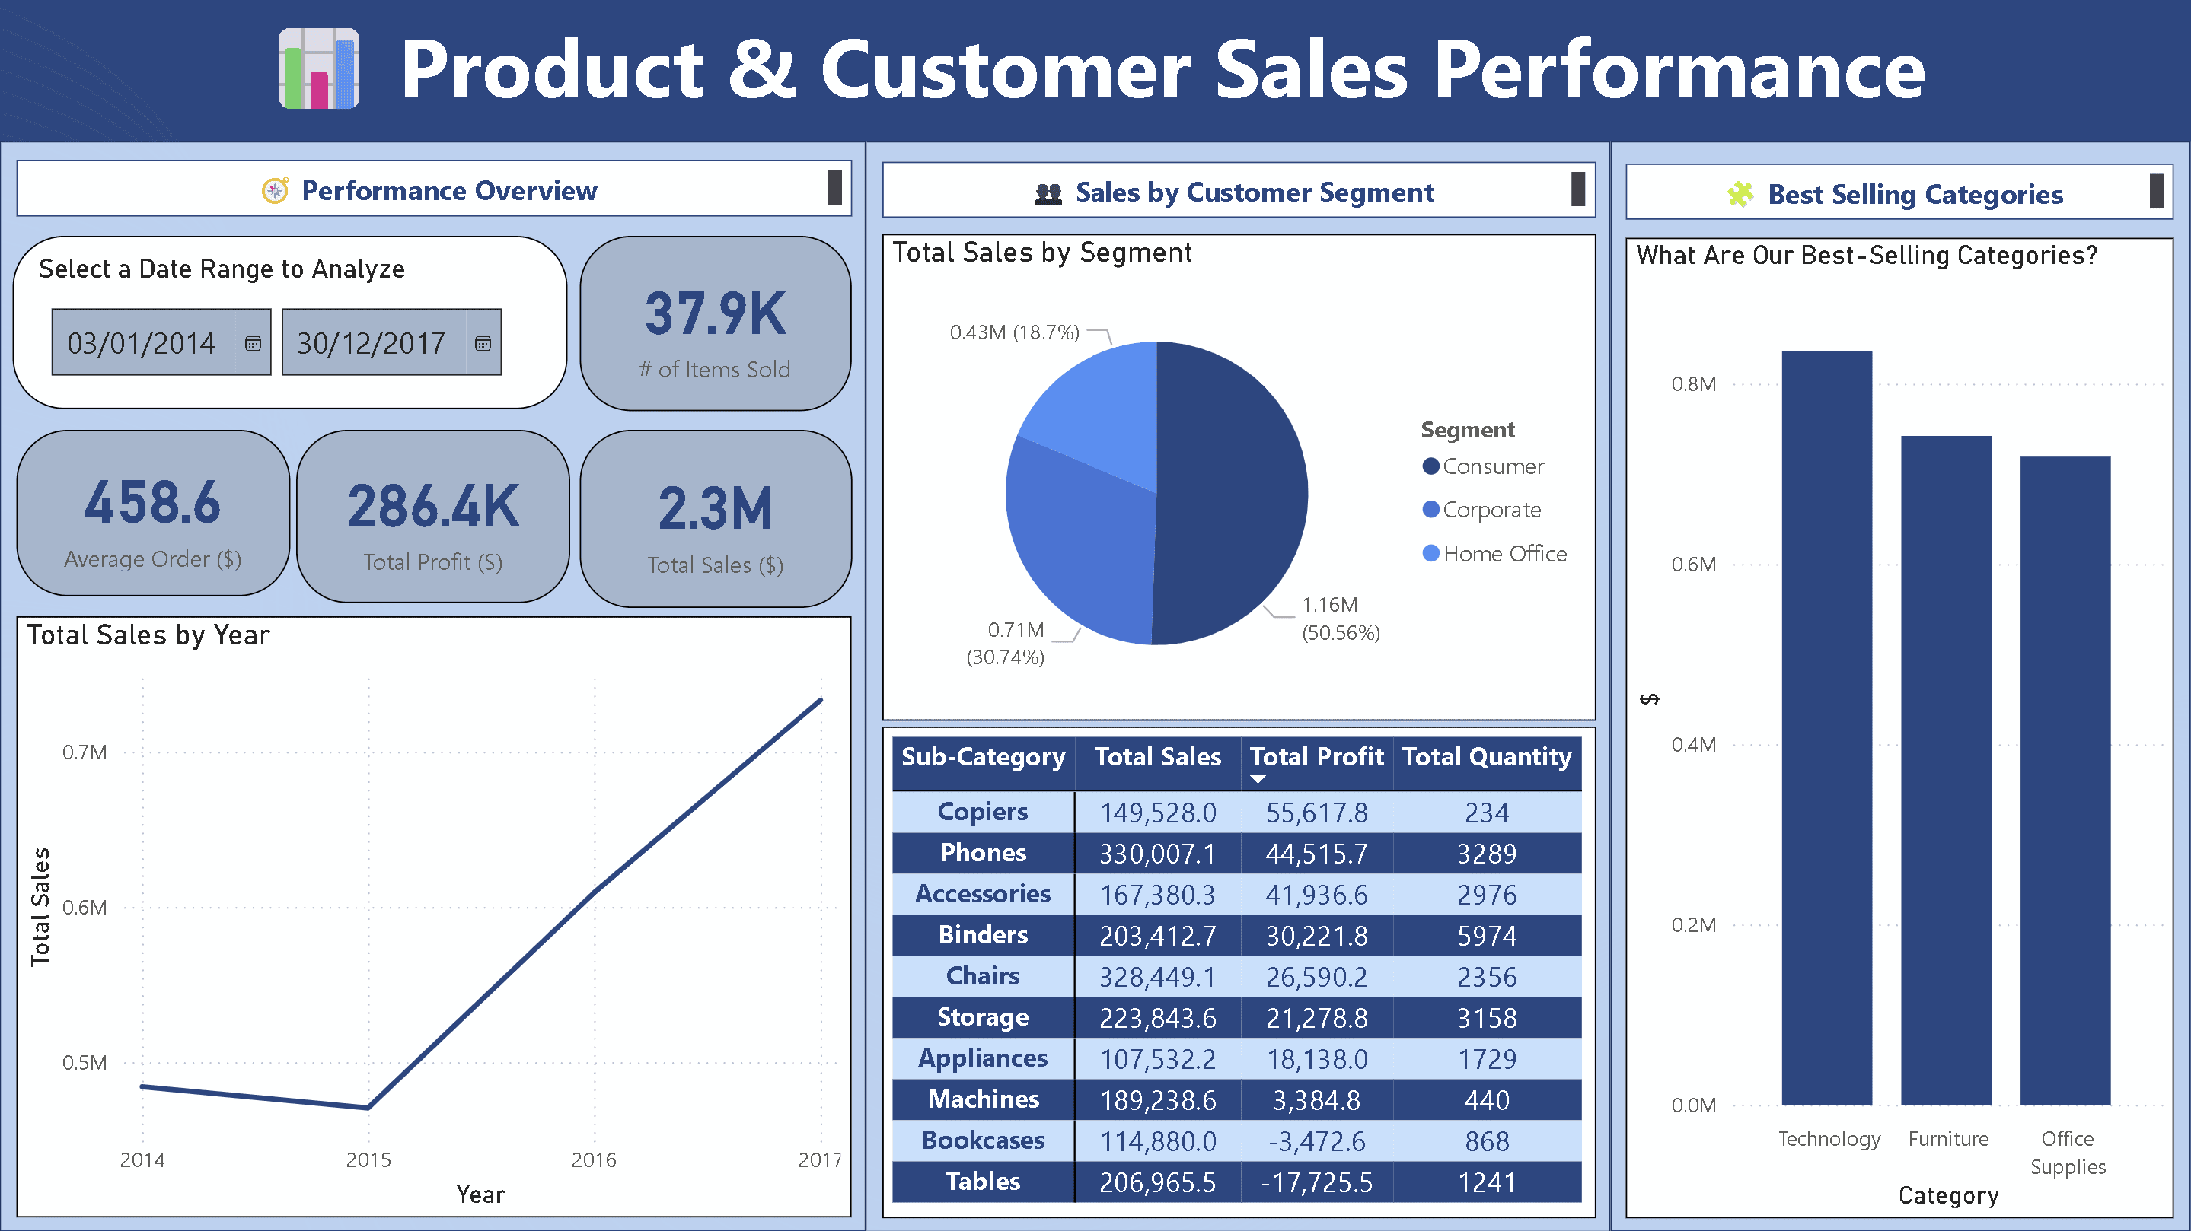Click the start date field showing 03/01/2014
click(x=142, y=342)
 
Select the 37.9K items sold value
click(x=716, y=313)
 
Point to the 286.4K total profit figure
click(x=433, y=506)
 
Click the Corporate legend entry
click(x=1490, y=509)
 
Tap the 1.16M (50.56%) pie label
click(x=1340, y=618)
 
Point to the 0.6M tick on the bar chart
click(x=1692, y=565)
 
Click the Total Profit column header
click(x=1316, y=756)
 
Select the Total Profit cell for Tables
click(x=1316, y=1182)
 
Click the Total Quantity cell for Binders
click(x=1486, y=936)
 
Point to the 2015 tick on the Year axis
click(x=368, y=1159)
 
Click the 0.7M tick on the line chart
click(x=85, y=752)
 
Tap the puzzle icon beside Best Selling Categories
click(x=1740, y=195)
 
